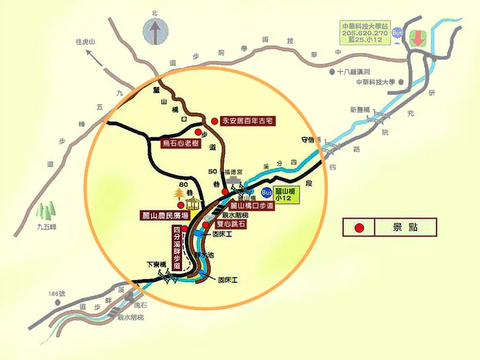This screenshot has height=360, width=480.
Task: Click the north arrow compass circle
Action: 154,29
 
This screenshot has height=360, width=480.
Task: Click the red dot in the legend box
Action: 360,227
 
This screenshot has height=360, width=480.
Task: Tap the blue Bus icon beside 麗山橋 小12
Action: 267,192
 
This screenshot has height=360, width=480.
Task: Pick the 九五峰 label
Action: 47,226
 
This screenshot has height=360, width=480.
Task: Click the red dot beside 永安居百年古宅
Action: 214,120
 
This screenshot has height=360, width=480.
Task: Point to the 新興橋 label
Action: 359,109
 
